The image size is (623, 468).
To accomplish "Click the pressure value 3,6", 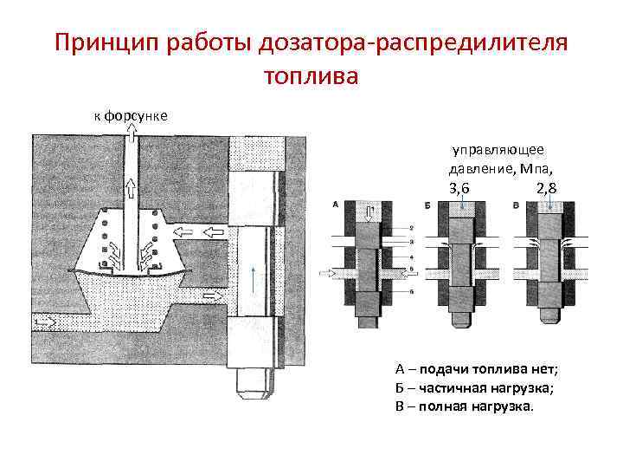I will click(x=459, y=188).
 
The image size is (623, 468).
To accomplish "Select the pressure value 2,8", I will click(x=546, y=188).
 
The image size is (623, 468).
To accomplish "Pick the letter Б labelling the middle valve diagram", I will click(x=428, y=205).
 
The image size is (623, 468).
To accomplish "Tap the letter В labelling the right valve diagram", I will click(x=516, y=205).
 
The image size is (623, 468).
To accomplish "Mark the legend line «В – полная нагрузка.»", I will click(x=465, y=406).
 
